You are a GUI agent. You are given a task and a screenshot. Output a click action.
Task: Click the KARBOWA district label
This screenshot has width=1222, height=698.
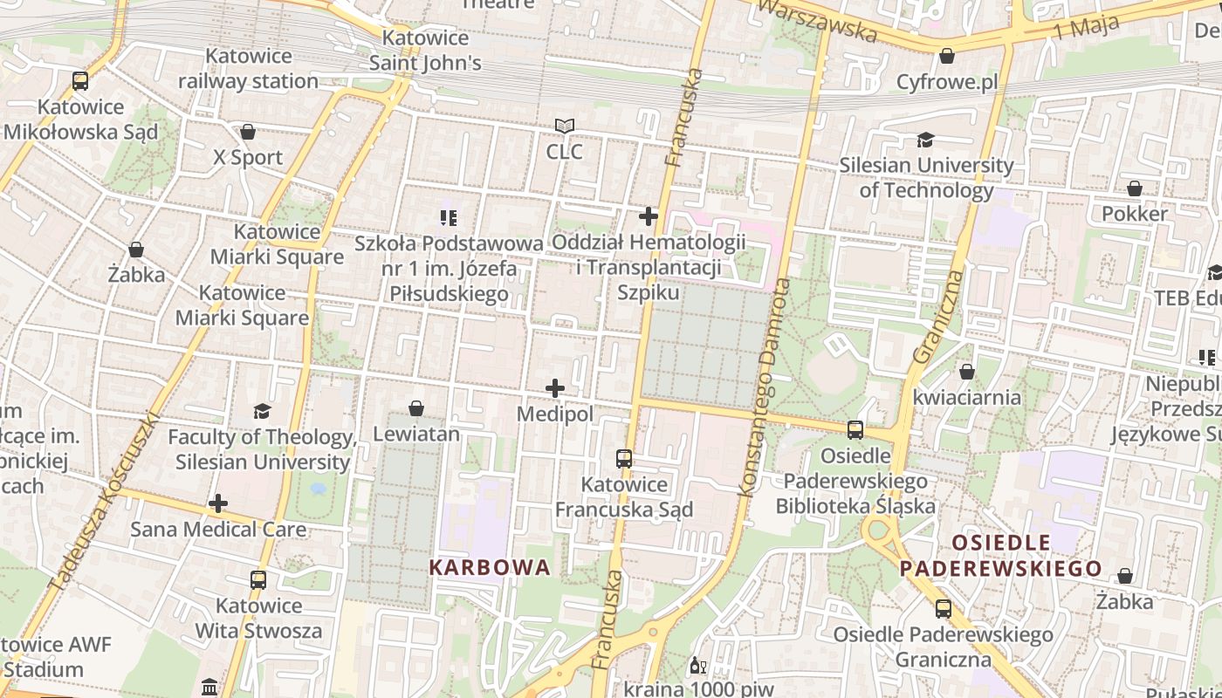tap(490, 567)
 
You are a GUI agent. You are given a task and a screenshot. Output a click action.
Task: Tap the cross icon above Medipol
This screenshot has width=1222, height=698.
tap(555, 388)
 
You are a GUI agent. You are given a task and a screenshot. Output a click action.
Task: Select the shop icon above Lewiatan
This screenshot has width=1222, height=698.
tap(416, 408)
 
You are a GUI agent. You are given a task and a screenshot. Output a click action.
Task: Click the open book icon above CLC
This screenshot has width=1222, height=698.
tap(565, 127)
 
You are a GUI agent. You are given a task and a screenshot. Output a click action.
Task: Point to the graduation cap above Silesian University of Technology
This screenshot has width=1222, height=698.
tap(925, 140)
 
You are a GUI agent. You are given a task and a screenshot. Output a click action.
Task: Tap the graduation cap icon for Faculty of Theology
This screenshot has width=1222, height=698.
tap(261, 411)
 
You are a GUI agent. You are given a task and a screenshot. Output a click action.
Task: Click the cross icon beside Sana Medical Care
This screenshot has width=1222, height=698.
tap(218, 503)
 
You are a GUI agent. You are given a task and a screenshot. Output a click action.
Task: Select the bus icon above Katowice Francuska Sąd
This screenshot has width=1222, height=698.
tap(624, 459)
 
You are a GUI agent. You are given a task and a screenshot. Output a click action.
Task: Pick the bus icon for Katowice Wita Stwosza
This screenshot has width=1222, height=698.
tap(258, 580)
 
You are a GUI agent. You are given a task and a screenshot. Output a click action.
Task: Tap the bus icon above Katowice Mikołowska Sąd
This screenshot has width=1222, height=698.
tap(80, 82)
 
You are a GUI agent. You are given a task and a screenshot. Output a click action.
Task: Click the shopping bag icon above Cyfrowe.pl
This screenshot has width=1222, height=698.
tap(947, 57)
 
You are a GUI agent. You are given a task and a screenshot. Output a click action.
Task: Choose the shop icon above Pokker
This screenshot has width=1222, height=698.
tap(1135, 188)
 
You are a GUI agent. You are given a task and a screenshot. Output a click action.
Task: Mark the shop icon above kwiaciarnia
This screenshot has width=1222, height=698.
tap(966, 372)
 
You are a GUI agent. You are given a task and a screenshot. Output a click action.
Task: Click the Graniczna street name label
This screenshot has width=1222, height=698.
tap(939, 318)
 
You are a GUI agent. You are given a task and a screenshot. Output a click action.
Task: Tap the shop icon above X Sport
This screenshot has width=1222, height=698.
tap(248, 132)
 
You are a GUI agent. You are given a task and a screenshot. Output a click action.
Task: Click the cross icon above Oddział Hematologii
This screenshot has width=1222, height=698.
tap(649, 216)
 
